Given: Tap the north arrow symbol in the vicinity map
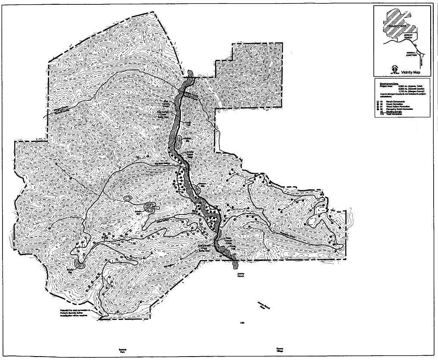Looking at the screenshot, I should [394, 68].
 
